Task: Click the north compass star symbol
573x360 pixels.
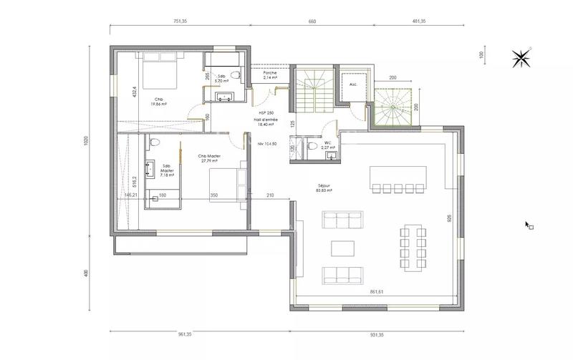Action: (522, 57)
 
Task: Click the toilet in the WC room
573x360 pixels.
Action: (310, 146)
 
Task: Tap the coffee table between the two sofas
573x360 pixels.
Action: (342, 248)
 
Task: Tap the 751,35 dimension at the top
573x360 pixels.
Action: (175, 22)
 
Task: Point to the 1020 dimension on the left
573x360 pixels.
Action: (85, 141)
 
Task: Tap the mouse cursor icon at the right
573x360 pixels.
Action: (529, 225)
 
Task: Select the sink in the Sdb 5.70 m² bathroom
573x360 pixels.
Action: (224, 94)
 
